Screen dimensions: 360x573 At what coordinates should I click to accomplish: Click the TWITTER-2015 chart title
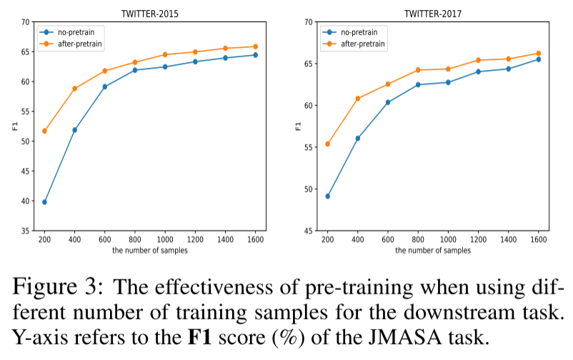pos(149,13)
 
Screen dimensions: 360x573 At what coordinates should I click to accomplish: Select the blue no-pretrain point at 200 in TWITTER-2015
pos(44,202)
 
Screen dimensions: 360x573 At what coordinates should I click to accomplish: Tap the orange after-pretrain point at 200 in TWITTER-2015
pos(44,131)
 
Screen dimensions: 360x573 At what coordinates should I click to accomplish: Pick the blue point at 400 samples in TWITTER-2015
pos(74,130)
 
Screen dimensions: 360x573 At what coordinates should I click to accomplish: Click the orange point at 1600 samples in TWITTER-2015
pos(255,46)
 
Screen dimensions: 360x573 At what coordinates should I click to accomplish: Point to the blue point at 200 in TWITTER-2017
pos(328,196)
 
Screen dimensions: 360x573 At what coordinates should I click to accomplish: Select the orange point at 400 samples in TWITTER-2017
pos(358,99)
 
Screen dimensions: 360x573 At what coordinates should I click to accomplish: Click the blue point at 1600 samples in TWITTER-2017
pos(538,59)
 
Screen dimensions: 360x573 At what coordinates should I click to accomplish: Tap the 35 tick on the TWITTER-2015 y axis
pos(26,231)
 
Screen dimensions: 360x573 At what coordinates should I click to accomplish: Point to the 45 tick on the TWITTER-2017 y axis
pos(309,231)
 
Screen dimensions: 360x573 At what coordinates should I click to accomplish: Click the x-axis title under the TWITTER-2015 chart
pos(149,251)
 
